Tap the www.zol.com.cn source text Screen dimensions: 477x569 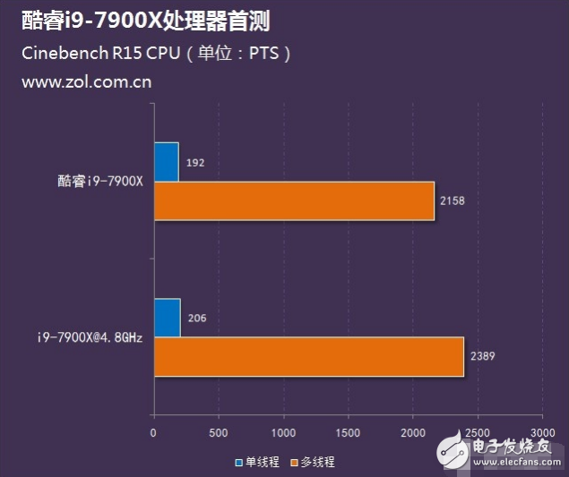pos(86,81)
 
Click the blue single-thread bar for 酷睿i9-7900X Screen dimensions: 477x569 pos(166,161)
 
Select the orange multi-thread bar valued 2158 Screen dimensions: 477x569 pos(294,200)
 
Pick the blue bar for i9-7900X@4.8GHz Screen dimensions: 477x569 pos(167,318)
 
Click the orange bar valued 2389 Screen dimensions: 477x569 pos(308,356)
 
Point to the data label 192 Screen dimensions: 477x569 pos(196,164)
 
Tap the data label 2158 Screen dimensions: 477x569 pos(453,200)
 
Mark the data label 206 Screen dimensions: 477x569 pos(197,319)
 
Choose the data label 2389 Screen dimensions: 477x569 pos(482,356)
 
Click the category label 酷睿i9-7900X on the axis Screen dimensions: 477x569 pos(99,181)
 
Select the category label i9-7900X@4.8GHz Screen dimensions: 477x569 pos(89,337)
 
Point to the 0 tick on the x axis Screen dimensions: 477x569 pos(154,433)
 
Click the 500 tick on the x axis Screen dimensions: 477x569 pos(219,433)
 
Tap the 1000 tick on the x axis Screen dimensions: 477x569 pos(283,433)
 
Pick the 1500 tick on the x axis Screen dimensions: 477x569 pos(348,433)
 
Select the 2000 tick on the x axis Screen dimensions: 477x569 pos(413,433)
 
